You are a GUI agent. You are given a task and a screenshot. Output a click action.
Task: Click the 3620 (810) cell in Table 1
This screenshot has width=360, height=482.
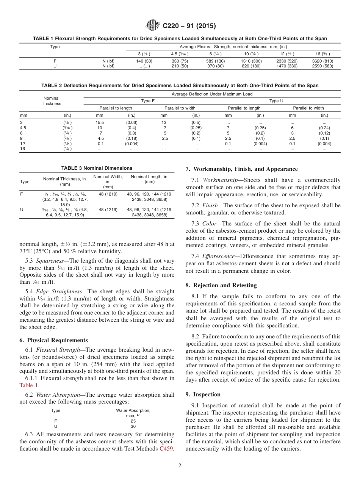point(322,61)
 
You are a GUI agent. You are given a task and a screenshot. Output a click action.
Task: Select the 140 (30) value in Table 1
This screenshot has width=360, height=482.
point(144,61)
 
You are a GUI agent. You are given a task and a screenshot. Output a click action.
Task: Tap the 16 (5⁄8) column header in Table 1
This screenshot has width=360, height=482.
point(322,54)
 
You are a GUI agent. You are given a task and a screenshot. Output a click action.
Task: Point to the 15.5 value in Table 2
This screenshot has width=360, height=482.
point(100,122)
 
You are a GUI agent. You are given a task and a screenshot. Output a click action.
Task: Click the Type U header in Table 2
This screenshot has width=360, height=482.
point(276,101)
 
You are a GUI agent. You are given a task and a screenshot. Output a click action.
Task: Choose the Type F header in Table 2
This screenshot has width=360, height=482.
point(148,101)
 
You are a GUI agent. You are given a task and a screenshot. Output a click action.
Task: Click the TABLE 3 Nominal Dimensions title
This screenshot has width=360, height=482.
point(97,168)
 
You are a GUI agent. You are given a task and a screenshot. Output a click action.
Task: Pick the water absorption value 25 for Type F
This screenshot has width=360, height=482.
point(133,421)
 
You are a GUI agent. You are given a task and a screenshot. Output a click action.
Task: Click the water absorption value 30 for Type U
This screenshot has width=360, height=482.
point(133,426)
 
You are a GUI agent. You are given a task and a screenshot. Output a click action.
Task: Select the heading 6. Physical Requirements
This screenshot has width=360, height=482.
point(53,340)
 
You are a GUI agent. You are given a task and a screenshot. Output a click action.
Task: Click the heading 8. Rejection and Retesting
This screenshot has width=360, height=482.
point(221,285)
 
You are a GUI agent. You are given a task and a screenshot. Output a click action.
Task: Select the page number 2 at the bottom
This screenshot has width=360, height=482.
point(180,466)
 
